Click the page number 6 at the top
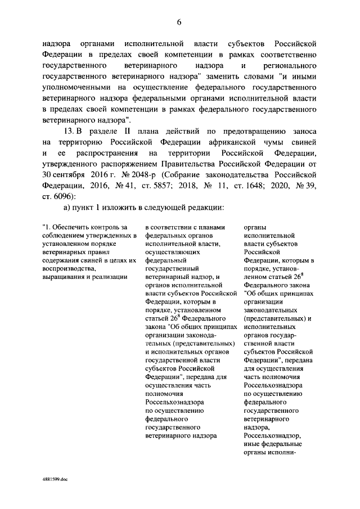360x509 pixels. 179,22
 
